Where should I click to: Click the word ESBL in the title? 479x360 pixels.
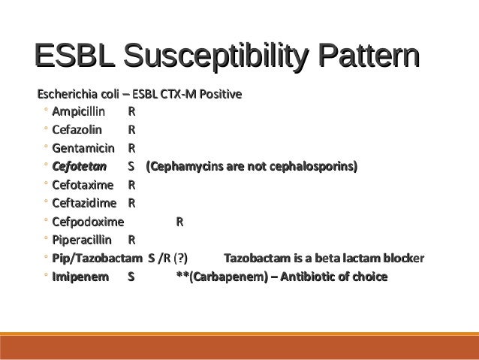click(74, 58)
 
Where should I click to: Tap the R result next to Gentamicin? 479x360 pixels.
click(132, 147)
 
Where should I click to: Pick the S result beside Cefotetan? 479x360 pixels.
click(132, 166)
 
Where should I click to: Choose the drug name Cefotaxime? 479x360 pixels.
click(83, 185)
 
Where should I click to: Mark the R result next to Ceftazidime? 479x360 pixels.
click(132, 203)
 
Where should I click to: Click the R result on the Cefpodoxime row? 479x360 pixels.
click(179, 222)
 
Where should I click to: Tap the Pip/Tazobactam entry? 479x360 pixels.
click(97, 259)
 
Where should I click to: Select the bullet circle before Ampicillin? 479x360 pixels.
click(46, 112)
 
